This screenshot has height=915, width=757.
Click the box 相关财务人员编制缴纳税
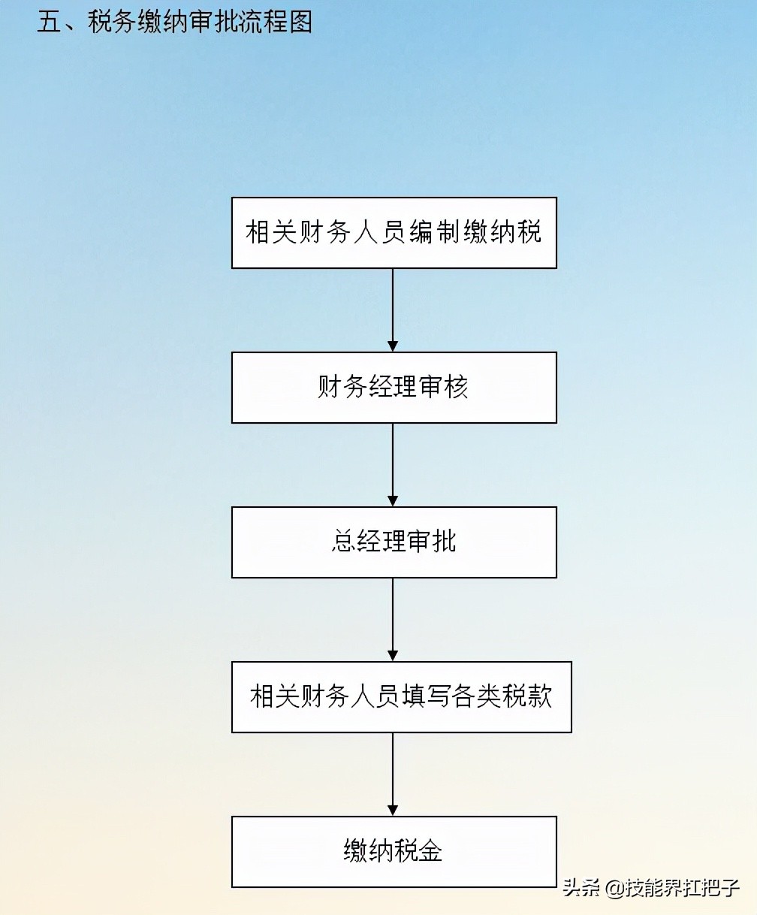(x=394, y=233)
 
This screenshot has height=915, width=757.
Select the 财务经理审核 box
(x=394, y=388)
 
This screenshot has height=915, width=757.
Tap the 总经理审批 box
(x=394, y=542)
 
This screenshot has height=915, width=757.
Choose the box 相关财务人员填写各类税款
(x=401, y=697)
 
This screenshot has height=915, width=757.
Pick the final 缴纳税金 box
(x=394, y=852)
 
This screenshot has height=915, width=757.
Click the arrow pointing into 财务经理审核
(x=393, y=310)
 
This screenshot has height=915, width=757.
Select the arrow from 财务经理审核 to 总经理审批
(x=393, y=464)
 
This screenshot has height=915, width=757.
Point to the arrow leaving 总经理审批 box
(x=393, y=619)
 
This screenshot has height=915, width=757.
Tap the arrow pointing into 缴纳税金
(x=393, y=774)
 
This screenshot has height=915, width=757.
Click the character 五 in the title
(x=49, y=23)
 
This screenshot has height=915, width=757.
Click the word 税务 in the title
(x=112, y=23)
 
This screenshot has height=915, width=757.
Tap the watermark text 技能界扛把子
(x=683, y=888)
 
